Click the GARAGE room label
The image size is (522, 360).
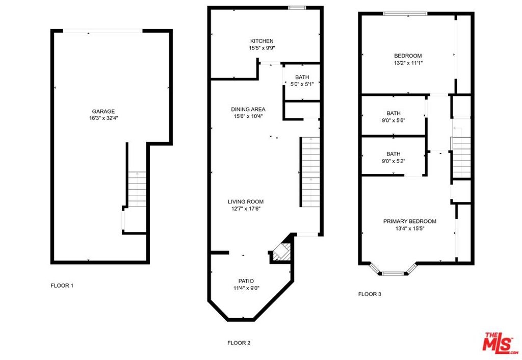coord(103,111)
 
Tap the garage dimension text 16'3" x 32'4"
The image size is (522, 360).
coord(103,118)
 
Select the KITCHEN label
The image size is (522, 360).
coord(262,41)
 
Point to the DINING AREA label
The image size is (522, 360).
coord(248,109)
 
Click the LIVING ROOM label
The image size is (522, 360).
coord(246,201)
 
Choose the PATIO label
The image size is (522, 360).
coord(246,281)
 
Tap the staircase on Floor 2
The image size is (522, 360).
coord(310,172)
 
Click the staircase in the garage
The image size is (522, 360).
coord(137,189)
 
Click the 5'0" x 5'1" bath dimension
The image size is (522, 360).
coord(302,84)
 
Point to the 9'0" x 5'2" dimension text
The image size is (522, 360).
coord(394,161)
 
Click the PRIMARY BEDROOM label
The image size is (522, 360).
coord(410,221)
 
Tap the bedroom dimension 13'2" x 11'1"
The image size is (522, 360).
coord(408,63)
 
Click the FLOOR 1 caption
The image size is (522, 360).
coord(62,286)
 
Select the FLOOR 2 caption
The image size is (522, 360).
coord(239,343)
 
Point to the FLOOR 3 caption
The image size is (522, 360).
coord(370,294)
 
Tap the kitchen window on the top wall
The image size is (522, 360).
coord(295,8)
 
